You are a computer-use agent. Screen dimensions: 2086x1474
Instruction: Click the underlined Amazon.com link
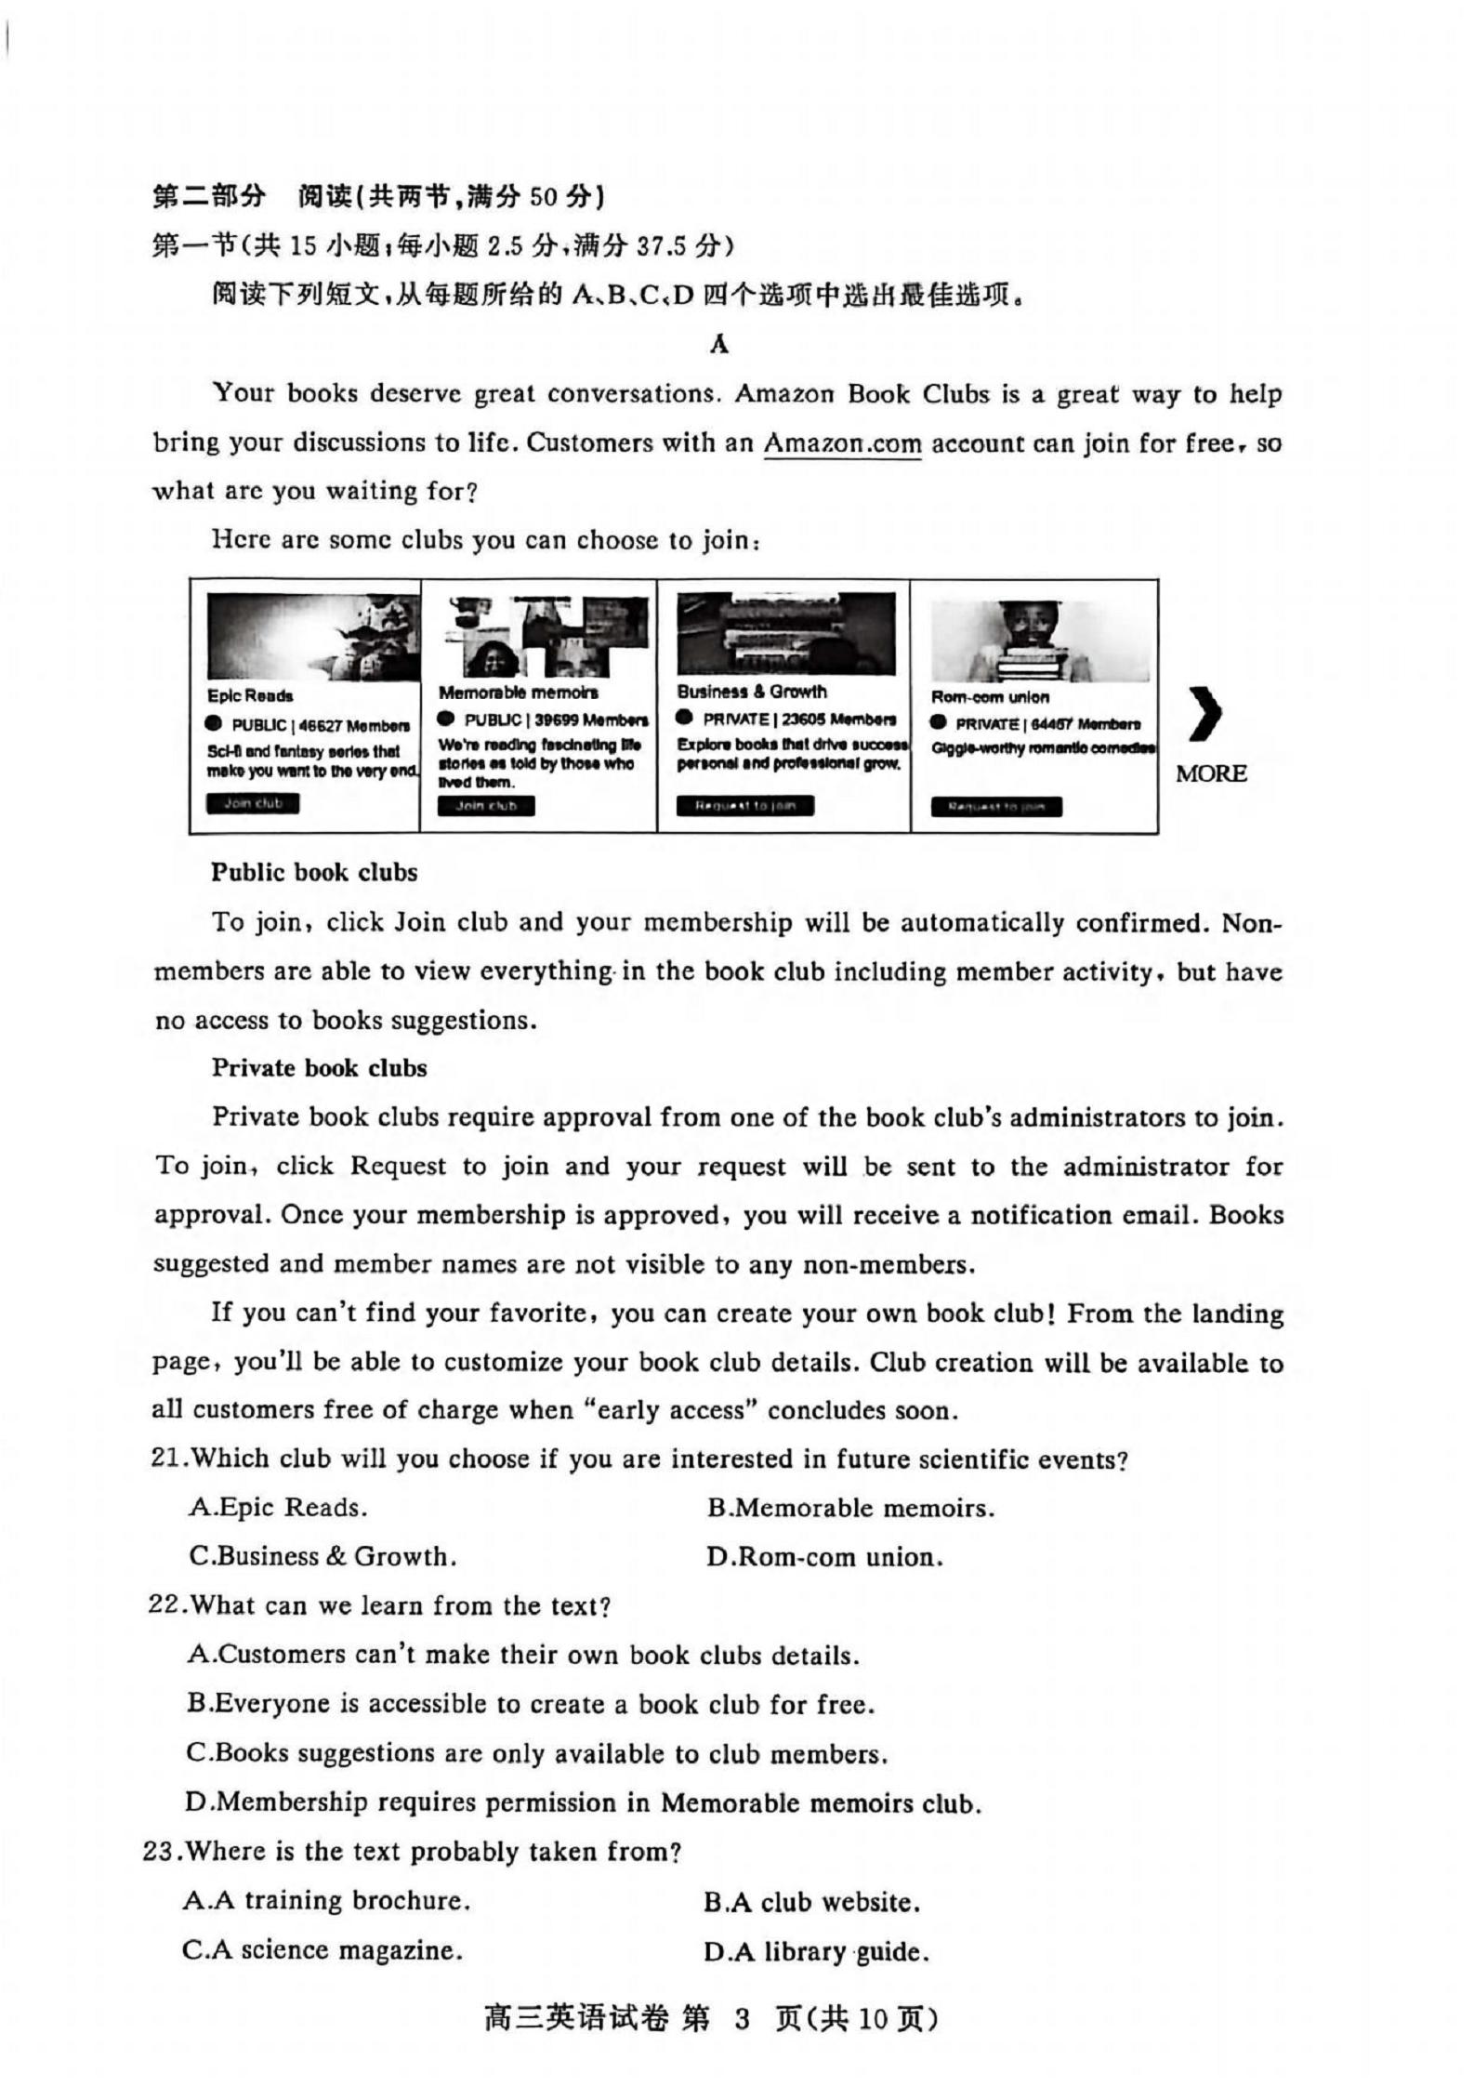coord(842,443)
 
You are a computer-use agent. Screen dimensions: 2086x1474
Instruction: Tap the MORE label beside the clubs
coord(1211,773)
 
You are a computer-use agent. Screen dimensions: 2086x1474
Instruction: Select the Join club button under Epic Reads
coord(253,803)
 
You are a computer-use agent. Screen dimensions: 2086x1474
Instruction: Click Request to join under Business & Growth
coord(745,806)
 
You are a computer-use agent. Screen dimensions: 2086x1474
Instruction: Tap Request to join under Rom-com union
coord(996,807)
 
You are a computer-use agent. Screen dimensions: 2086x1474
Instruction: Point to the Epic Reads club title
coord(250,696)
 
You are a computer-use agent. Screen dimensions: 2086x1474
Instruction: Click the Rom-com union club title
coord(990,697)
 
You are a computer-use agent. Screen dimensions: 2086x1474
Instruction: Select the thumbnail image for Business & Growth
coord(786,634)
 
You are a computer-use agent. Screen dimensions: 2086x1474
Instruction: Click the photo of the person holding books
coord(1038,642)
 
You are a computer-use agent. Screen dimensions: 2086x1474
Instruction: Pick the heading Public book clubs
coord(314,873)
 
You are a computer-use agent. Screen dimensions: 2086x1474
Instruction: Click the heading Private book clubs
coord(319,1068)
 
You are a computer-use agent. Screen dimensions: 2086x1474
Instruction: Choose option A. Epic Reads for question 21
coord(278,1507)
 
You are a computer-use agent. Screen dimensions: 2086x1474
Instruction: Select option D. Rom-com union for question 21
coord(824,1557)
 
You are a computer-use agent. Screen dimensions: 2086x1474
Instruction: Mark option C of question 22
coord(537,1754)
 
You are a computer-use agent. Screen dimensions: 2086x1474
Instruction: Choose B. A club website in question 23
coord(811,1903)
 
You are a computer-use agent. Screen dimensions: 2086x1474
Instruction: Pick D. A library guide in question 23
coord(816,1952)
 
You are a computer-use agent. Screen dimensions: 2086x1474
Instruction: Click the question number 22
coord(164,1606)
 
